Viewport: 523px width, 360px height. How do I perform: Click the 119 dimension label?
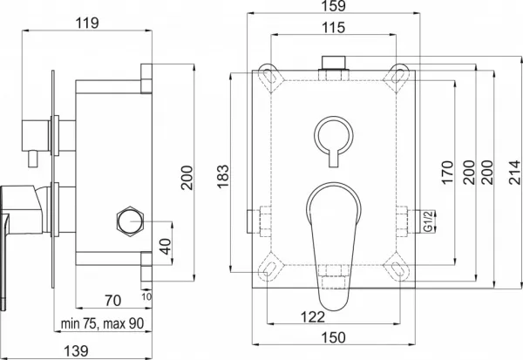click(87, 24)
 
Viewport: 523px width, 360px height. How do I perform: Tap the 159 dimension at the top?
click(334, 6)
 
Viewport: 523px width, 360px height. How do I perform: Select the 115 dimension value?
click(334, 28)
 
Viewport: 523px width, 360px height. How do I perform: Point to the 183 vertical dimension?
click(223, 177)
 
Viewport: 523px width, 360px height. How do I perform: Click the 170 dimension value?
click(448, 173)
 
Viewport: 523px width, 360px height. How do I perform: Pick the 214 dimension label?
click(515, 173)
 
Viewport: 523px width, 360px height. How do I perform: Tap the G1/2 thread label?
click(428, 221)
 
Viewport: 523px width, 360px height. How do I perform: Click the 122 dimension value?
click(313, 317)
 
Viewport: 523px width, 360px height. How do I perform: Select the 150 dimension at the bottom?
click(334, 337)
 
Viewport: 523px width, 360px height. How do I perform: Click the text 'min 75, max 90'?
click(102, 323)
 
